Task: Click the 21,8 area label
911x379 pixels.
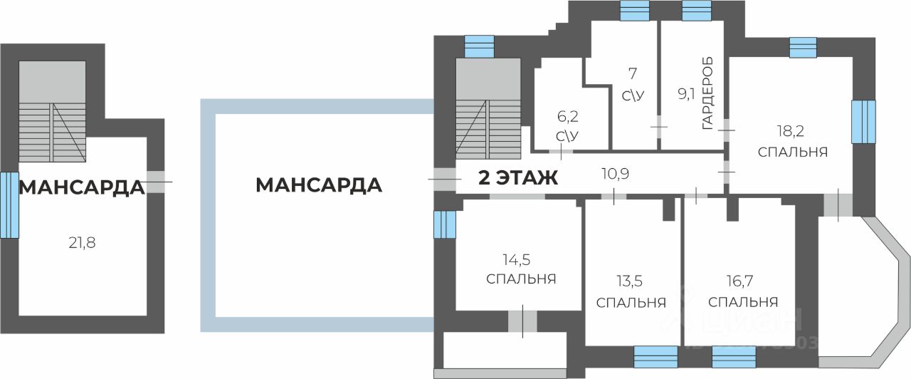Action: pyautogui.click(x=81, y=243)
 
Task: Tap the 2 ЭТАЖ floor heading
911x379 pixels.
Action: pyautogui.click(x=517, y=178)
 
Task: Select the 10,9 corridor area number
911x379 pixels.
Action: pyautogui.click(x=616, y=173)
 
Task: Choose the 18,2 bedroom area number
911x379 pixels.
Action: pyautogui.click(x=792, y=130)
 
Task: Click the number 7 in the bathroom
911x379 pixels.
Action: pyautogui.click(x=631, y=72)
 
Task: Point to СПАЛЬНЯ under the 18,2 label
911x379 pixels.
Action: pyautogui.click(x=792, y=152)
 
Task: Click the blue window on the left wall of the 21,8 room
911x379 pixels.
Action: pyautogui.click(x=9, y=204)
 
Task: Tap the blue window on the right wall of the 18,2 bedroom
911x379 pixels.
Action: pyautogui.click(x=863, y=122)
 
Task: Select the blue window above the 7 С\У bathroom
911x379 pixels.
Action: pyautogui.click(x=634, y=11)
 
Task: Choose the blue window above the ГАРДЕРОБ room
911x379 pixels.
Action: pyautogui.click(x=697, y=11)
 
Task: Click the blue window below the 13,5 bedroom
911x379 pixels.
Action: pyautogui.click(x=655, y=356)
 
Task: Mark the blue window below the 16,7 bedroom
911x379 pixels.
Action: pyautogui.click(x=734, y=356)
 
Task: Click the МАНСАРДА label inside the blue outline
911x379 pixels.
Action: pyautogui.click(x=319, y=185)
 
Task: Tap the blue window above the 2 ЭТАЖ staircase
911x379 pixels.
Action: pyautogui.click(x=479, y=46)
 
